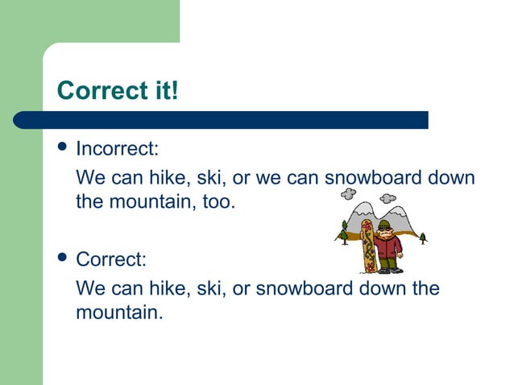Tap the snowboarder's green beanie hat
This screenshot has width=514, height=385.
click(x=384, y=225)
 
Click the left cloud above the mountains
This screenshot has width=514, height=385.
click(x=349, y=194)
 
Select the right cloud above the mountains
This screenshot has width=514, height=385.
click(x=388, y=198)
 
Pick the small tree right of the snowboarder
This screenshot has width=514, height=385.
click(x=423, y=237)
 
